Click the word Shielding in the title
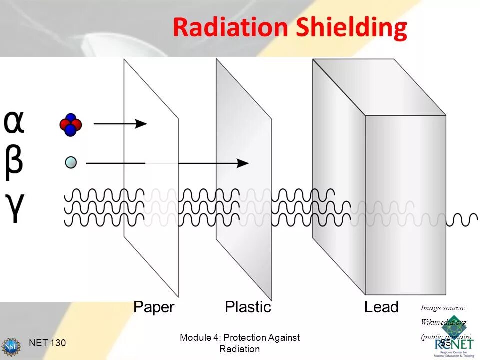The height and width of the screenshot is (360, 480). [351, 29]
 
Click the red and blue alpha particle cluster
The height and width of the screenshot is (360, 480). [70, 124]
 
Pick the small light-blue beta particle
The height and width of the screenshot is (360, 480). [71, 162]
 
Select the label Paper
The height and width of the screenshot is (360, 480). [154, 307]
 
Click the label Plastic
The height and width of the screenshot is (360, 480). [248, 307]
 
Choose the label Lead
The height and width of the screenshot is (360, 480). [381, 307]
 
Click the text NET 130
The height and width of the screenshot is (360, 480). [47, 343]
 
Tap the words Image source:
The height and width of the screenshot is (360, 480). [443, 308]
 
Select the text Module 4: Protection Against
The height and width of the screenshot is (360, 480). [240, 338]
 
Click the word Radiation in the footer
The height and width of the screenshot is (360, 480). [240, 349]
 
